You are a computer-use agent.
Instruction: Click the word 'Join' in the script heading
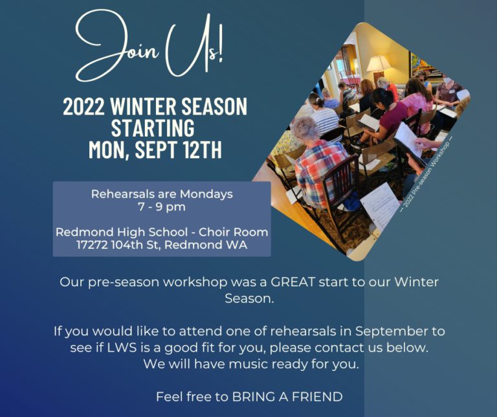[x=117, y=47]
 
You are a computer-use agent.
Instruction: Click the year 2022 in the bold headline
[x=83, y=106]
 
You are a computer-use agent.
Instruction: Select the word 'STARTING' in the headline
[x=153, y=128]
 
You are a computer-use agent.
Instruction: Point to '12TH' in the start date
[x=202, y=150]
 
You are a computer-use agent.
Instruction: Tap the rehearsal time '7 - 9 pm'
[x=162, y=207]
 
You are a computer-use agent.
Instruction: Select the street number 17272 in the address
[x=93, y=245]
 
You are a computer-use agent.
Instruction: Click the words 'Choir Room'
[x=233, y=232]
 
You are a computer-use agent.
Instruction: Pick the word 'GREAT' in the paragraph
[x=293, y=282]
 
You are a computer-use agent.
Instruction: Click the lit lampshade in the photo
[x=379, y=63]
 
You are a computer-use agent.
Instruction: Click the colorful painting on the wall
[x=421, y=65]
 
